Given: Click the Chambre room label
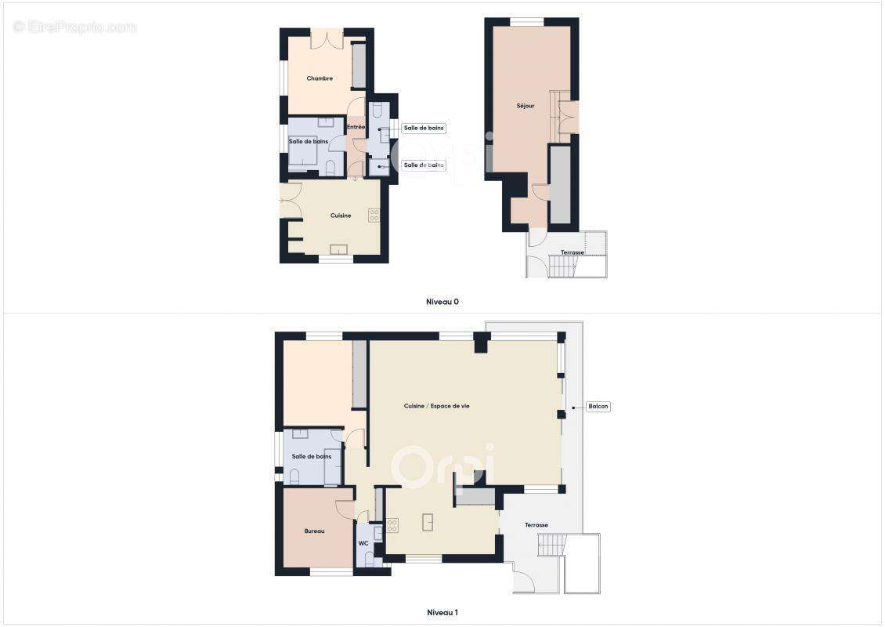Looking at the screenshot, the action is (x=320, y=78).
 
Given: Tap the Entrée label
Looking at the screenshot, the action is (x=356, y=127).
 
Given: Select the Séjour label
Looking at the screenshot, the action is (x=525, y=106).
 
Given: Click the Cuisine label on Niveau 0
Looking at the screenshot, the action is (x=341, y=216).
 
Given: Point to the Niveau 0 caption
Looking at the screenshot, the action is (x=442, y=302).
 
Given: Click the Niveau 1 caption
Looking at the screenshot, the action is (x=442, y=612).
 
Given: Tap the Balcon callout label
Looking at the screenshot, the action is (x=598, y=406).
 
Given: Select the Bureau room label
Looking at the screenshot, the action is (x=314, y=531).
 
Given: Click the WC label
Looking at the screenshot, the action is (x=363, y=543).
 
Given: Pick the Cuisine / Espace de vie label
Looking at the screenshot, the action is (x=437, y=405).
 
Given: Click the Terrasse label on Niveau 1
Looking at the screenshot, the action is (x=536, y=525).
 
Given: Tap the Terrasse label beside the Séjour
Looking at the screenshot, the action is (x=573, y=252).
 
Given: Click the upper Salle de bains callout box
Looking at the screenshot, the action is (x=424, y=129).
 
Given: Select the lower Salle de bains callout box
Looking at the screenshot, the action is (x=424, y=165).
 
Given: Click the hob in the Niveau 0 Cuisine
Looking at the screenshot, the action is (x=374, y=215).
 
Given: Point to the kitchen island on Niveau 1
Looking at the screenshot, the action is (x=428, y=522).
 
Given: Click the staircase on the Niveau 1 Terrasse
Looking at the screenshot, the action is (x=551, y=545).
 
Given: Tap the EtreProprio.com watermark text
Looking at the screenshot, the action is (x=75, y=27).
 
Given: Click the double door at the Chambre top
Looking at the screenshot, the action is (x=327, y=38).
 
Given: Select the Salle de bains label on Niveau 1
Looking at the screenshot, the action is (x=312, y=456).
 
